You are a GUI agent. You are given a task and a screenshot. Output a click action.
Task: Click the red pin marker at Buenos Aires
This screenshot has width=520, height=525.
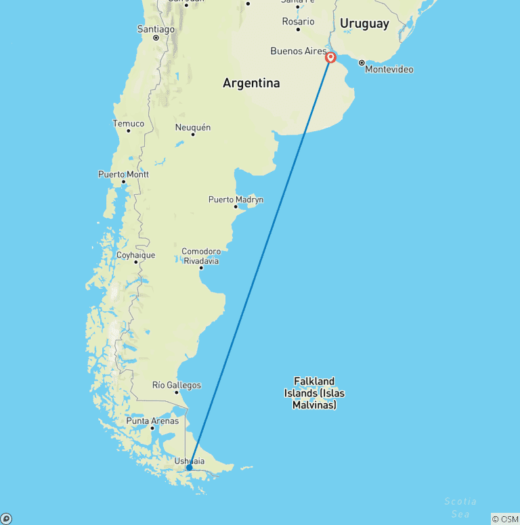tap(330, 58)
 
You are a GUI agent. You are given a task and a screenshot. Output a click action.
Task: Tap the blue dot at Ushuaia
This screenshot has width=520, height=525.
tap(190, 467)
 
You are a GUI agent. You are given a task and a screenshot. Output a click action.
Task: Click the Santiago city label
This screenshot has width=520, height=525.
tap(156, 29)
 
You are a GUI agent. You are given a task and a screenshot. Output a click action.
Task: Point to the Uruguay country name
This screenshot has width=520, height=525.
tap(364, 24)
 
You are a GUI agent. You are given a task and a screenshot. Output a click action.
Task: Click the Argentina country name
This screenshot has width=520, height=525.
tap(251, 83)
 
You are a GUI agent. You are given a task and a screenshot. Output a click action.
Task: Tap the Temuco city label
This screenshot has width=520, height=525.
tap(128, 123)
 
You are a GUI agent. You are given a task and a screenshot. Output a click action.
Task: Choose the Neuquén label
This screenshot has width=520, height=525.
tap(193, 127)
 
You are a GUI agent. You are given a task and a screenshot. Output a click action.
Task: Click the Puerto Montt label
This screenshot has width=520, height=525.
tap(123, 174)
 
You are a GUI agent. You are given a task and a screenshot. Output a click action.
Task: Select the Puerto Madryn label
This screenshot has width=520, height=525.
tap(236, 200)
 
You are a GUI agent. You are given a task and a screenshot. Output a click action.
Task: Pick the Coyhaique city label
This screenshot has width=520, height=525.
tap(135, 255)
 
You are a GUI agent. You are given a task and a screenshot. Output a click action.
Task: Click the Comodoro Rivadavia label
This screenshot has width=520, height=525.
tap(200, 256)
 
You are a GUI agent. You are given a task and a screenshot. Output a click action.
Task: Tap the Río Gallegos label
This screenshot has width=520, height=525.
tap(177, 385)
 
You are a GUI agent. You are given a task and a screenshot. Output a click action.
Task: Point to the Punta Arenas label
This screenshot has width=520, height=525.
tap(152, 421)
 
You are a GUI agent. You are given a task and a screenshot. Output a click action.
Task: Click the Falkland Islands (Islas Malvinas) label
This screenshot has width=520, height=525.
tap(314, 393)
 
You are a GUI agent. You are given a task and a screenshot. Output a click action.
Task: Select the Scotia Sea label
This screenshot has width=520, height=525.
tap(460, 507)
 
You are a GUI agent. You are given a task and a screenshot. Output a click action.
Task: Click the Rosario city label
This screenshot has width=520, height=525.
tap(298, 22)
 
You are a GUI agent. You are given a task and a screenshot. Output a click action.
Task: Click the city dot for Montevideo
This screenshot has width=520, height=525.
tap(362, 62)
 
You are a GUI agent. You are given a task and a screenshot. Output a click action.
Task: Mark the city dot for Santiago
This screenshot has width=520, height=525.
tap(156, 38)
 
